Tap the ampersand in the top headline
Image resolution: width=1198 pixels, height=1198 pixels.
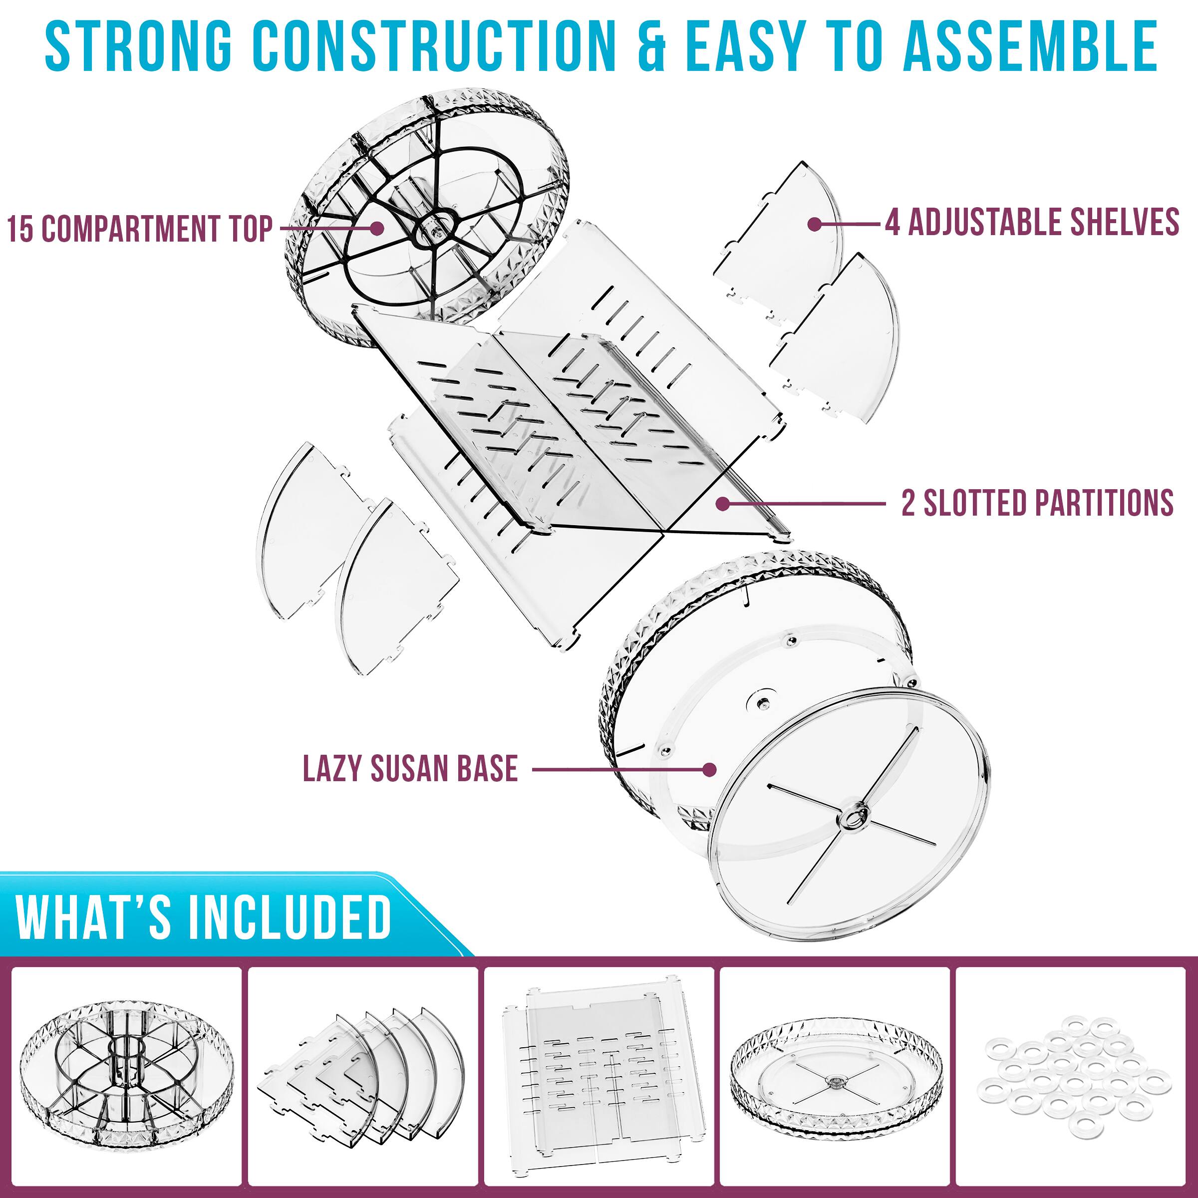click(650, 46)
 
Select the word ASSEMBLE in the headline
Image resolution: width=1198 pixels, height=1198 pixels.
click(1030, 46)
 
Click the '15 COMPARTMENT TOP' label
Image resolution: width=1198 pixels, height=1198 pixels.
click(140, 228)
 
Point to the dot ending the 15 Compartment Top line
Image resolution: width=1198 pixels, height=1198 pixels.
click(376, 228)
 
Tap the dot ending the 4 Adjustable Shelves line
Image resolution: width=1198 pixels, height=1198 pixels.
click(815, 224)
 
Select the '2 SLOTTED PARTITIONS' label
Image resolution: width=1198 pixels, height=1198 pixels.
click(1037, 502)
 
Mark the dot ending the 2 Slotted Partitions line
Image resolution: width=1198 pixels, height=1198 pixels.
click(722, 503)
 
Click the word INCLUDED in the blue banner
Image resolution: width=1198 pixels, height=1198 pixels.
click(289, 917)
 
